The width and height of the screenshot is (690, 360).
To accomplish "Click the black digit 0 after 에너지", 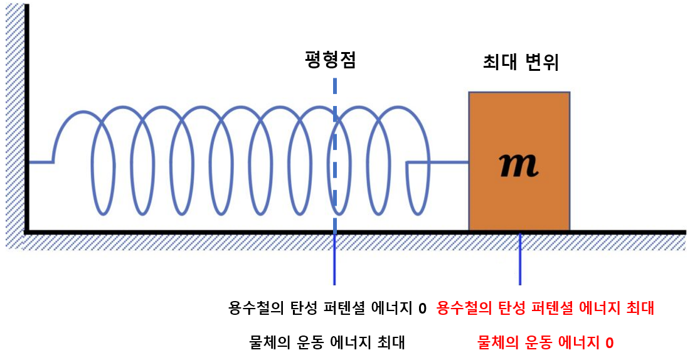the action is click(x=422, y=309).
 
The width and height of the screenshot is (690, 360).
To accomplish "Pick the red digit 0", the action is click(x=609, y=343).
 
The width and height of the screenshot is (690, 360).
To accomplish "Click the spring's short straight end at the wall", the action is click(x=40, y=162).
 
